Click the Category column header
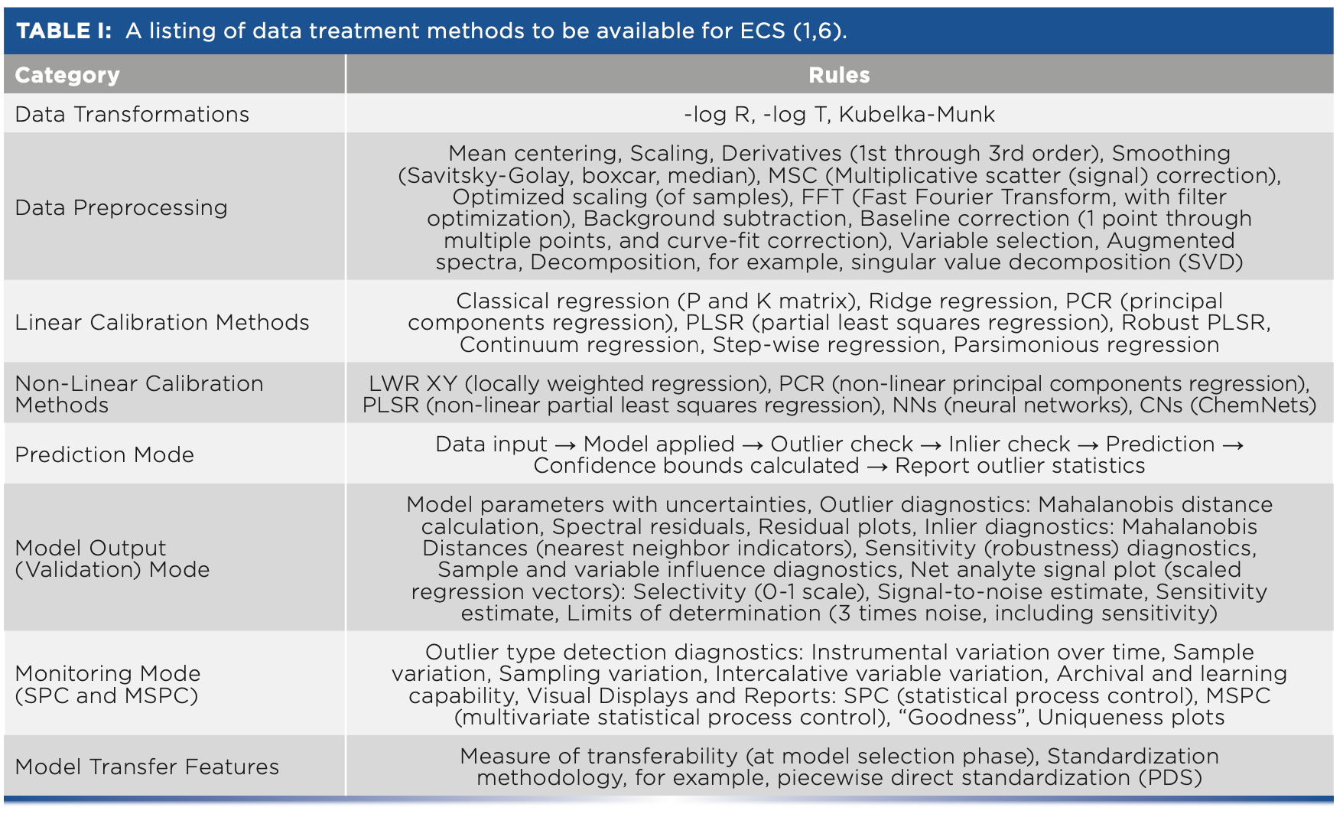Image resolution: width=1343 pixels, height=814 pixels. click(x=67, y=75)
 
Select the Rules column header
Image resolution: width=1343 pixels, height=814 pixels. click(x=839, y=75)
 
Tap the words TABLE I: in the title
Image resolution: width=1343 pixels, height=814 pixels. click(x=64, y=31)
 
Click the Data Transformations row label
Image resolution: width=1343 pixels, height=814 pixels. click(x=132, y=114)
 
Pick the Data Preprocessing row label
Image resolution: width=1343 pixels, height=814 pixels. click(x=121, y=207)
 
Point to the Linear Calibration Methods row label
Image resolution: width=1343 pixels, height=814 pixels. click(x=162, y=322)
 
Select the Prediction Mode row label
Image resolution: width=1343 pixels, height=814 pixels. click(x=104, y=454)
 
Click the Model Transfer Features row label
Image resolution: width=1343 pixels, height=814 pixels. click(x=147, y=767)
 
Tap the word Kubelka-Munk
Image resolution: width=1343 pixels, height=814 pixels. click(x=916, y=114)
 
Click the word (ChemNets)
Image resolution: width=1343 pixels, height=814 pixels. click(x=1254, y=405)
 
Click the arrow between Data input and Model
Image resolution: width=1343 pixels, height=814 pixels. click(x=565, y=444)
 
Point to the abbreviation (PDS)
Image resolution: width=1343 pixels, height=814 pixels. click(x=1171, y=777)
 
